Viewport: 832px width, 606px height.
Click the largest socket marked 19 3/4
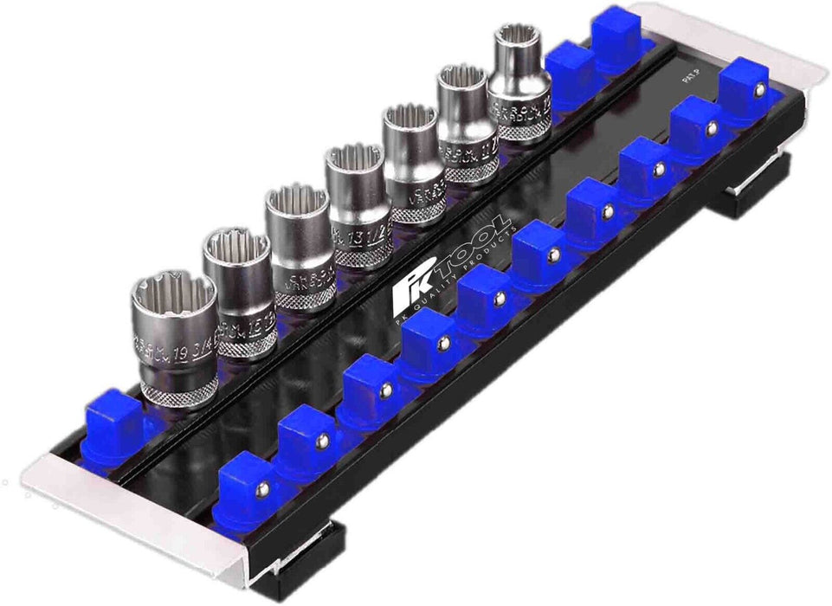tap(173, 338)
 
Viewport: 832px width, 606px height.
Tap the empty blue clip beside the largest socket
tap(113, 424)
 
